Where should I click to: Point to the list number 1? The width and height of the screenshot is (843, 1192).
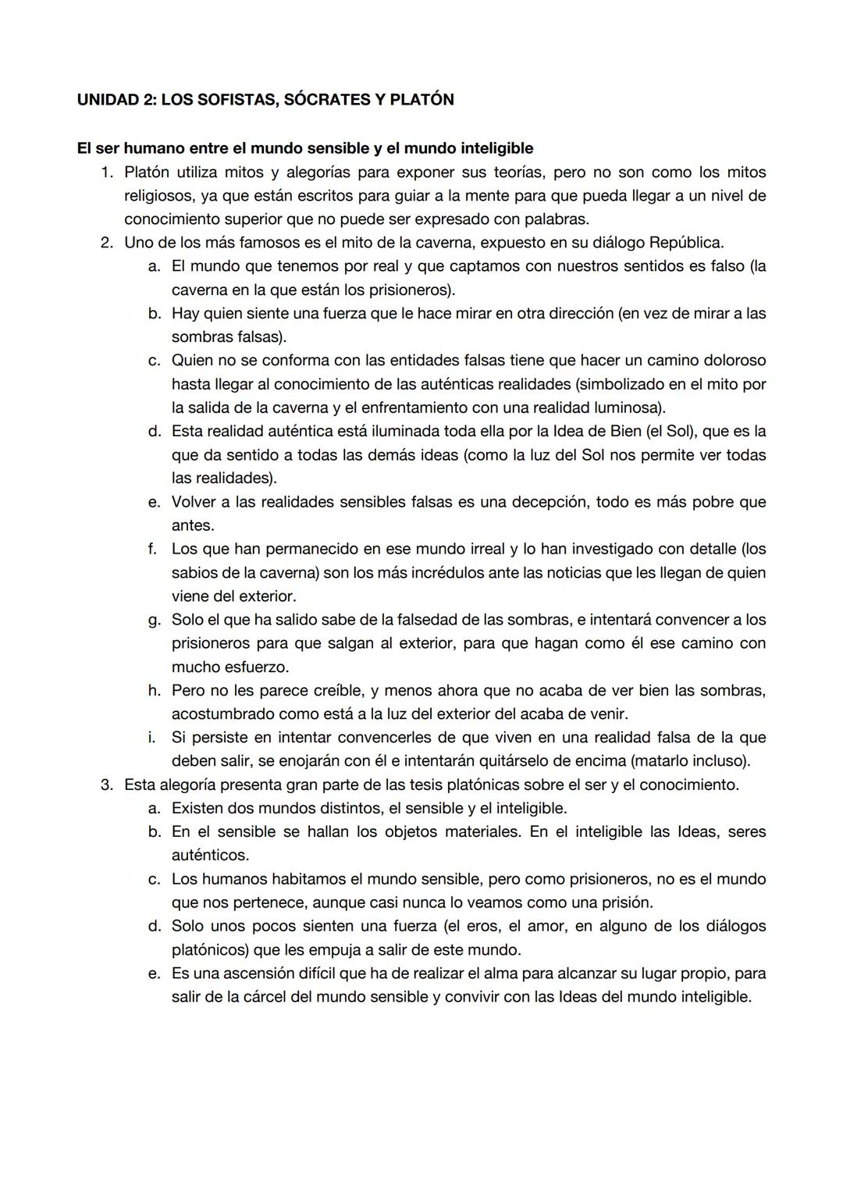click(x=107, y=172)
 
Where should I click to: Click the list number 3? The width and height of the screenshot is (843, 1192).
click(x=107, y=785)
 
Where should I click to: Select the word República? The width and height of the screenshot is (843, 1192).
click(x=685, y=243)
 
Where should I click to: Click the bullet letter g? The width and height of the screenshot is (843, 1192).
click(x=155, y=620)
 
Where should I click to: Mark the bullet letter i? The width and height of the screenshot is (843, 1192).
click(x=153, y=738)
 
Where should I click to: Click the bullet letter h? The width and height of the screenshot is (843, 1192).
click(x=155, y=691)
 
